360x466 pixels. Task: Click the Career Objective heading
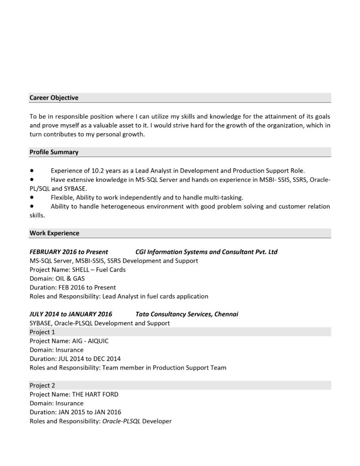54,98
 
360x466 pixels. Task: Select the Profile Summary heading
54,152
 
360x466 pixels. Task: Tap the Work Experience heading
54,233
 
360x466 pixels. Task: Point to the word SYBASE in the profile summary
75,188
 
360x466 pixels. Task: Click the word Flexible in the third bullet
62,198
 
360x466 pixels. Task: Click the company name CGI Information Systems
206,252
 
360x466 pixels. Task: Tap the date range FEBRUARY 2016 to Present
69,252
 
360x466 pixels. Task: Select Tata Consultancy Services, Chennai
187,314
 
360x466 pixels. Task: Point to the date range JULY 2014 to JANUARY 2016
71,314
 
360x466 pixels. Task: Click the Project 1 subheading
42,332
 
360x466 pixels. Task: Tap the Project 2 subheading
42,385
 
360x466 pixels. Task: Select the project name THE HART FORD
95,394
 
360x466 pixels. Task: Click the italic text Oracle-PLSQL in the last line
122,421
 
